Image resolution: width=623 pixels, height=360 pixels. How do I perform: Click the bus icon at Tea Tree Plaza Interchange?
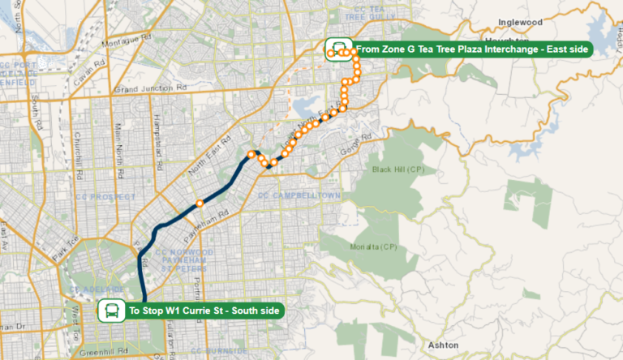pos(335,49)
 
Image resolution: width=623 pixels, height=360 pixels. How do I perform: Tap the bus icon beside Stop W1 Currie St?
pos(111,310)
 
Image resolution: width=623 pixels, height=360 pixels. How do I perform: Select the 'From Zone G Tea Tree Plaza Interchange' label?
pos(473,49)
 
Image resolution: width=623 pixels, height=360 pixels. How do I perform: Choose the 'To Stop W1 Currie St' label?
pos(203,310)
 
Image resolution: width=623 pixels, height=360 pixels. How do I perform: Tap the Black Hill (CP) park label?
pos(398,169)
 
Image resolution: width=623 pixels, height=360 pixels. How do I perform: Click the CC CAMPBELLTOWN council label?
pos(295,196)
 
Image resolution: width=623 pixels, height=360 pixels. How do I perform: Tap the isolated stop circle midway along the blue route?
pos(199,203)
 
